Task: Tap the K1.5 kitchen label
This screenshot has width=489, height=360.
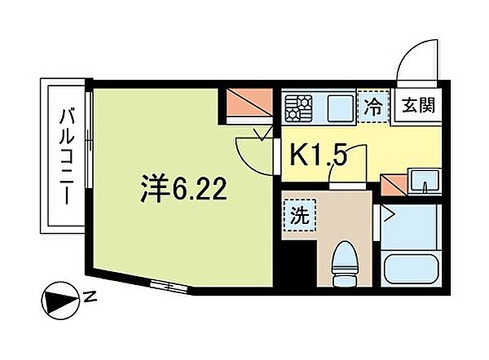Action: point(319,154)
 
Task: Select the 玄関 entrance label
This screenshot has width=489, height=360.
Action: point(417,105)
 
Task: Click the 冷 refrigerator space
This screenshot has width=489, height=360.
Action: point(373,106)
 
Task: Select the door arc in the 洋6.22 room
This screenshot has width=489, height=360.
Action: point(249,149)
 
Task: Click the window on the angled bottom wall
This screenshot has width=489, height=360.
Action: point(166,285)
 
